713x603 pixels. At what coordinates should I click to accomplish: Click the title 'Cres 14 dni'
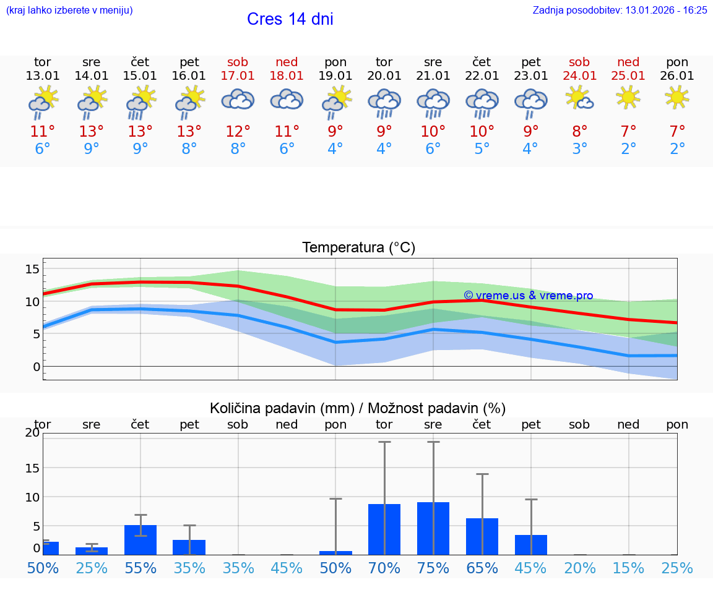(290, 19)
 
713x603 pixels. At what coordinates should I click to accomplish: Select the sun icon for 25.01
(628, 96)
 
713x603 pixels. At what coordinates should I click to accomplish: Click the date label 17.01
(238, 76)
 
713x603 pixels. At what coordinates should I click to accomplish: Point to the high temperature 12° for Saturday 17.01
(238, 132)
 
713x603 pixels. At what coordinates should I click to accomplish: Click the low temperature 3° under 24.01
(580, 149)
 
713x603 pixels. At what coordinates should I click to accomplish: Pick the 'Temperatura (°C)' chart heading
(358, 248)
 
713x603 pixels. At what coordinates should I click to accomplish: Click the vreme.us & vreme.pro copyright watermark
(528, 296)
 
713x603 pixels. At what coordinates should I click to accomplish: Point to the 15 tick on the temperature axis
(32, 269)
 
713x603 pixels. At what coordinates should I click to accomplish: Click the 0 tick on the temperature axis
(36, 367)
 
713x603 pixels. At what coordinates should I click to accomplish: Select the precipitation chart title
(358, 408)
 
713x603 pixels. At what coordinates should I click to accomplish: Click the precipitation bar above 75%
(433, 528)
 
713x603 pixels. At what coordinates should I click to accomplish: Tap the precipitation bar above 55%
(140, 540)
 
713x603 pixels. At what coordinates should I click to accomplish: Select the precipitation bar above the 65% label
(482, 536)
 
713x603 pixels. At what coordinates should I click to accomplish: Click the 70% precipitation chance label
(384, 568)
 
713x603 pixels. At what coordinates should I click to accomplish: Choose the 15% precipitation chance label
(628, 568)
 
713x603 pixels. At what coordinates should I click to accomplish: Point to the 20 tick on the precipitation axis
(32, 433)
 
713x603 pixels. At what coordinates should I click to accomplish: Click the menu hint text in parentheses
(69, 11)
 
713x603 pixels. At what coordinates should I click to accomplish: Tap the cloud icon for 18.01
(287, 99)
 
